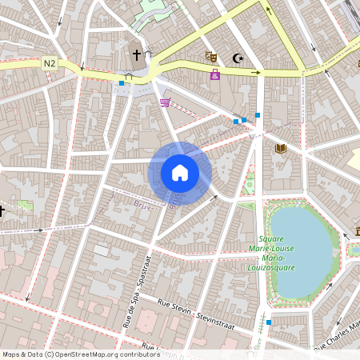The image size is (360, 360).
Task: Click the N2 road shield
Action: pyautogui.click(x=50, y=62)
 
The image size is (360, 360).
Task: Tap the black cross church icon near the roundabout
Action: pyautogui.click(x=137, y=55)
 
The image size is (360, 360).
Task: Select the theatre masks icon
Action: pyautogui.click(x=211, y=56)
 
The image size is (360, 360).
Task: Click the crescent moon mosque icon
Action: pyautogui.click(x=237, y=58)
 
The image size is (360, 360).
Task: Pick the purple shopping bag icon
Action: pyautogui.click(x=215, y=74)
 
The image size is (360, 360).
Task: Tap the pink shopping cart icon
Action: pyautogui.click(x=165, y=102)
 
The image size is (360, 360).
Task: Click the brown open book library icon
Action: pyautogui.click(x=280, y=148)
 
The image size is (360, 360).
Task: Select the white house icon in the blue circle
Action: pyautogui.click(x=180, y=173)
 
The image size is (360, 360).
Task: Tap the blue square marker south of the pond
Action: pyautogui.click(x=269, y=322)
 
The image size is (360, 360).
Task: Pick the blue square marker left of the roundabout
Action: pyautogui.click(x=122, y=82)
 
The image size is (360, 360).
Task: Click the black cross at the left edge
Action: pyautogui.click(x=2, y=210)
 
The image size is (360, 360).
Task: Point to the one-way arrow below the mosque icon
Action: pyautogui.click(x=256, y=73)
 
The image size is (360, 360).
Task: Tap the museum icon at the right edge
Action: pyautogui.click(x=357, y=232)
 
